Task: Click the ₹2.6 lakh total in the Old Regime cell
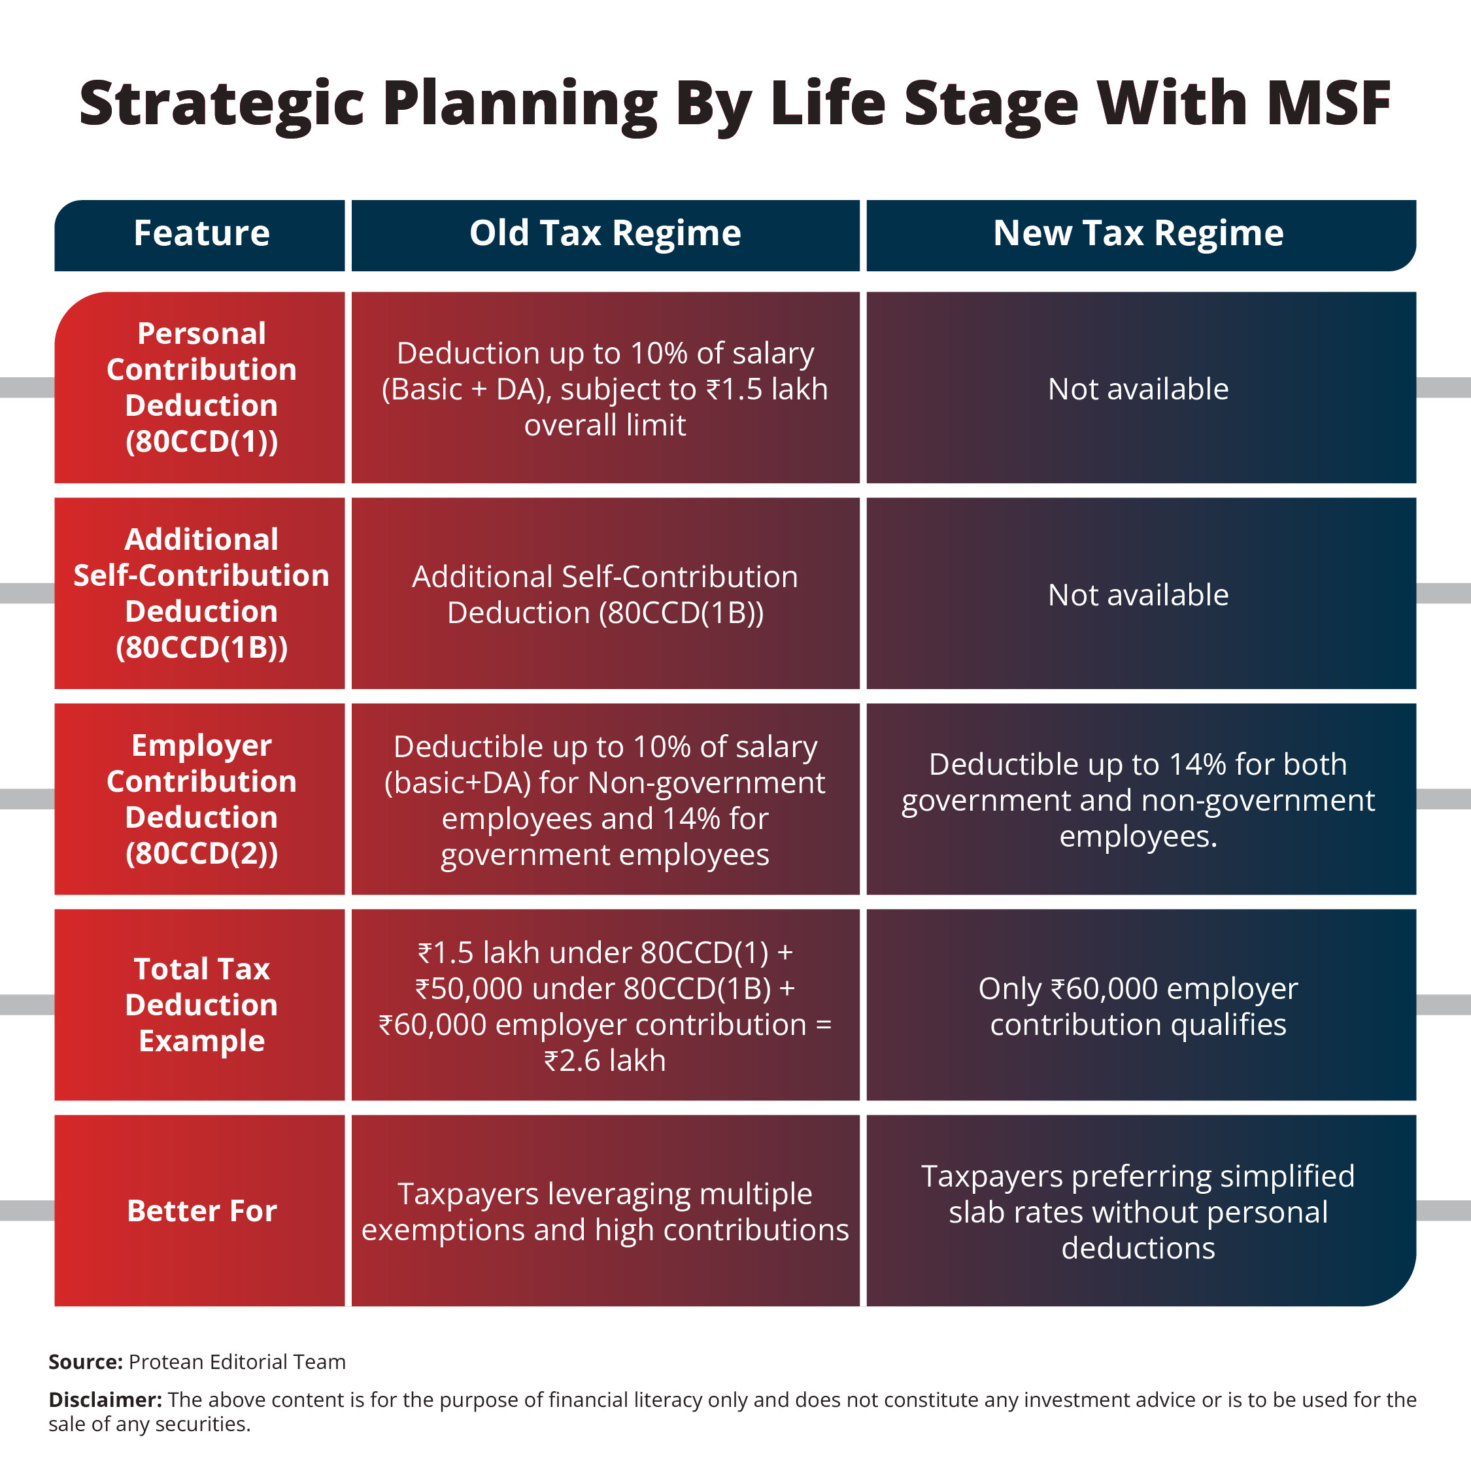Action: [x=605, y=1060]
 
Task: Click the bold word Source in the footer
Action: [x=85, y=1362]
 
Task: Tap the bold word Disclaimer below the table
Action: [x=105, y=1400]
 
